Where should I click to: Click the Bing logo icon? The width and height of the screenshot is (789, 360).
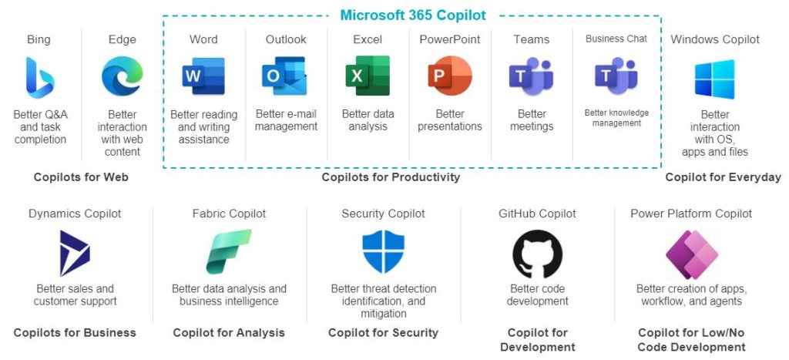click(x=40, y=77)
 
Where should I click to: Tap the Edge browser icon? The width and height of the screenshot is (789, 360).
click(x=122, y=76)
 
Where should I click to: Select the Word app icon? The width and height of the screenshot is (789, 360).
click(x=203, y=76)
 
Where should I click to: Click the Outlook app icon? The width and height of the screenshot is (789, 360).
click(x=284, y=76)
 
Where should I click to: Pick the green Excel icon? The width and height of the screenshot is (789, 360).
click(x=368, y=76)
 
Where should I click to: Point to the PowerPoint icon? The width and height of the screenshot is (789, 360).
click(x=449, y=76)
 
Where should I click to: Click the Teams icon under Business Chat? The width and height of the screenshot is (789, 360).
click(x=616, y=76)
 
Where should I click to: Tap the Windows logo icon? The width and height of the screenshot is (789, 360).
click(x=714, y=79)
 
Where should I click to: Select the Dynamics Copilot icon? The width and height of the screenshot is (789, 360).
click(x=75, y=254)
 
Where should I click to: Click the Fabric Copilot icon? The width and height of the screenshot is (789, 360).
click(x=228, y=252)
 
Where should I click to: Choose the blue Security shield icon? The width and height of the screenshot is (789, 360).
click(x=383, y=252)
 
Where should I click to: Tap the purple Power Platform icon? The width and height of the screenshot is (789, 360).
click(x=691, y=254)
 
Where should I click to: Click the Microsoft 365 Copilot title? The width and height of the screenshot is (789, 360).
click(x=413, y=15)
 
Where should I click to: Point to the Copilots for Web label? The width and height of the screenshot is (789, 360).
click(x=81, y=177)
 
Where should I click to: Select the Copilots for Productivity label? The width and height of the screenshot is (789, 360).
click(x=391, y=177)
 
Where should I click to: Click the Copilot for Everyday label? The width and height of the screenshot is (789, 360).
click(x=723, y=177)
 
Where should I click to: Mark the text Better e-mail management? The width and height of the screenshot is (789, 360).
click(x=286, y=120)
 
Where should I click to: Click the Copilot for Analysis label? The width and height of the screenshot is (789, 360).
click(x=229, y=333)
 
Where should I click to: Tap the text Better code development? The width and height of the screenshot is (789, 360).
click(x=537, y=295)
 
